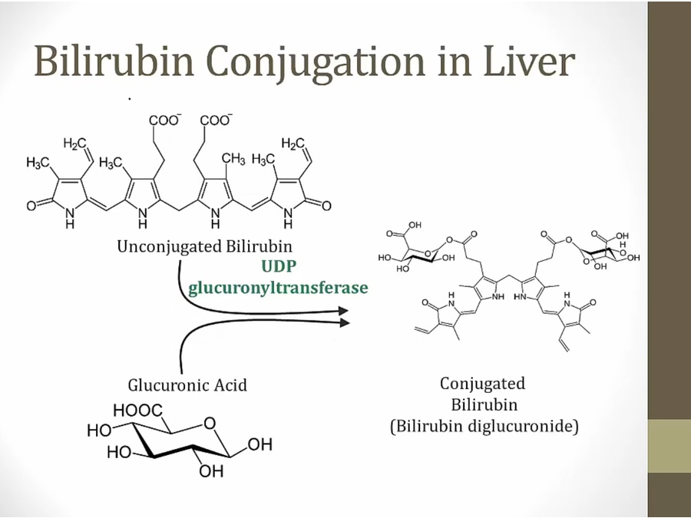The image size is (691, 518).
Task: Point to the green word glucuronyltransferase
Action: [278, 288]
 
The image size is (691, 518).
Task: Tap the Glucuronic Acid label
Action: [187, 384]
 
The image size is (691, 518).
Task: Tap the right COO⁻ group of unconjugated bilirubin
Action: [217, 120]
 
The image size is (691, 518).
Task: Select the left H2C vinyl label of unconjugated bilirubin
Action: [74, 144]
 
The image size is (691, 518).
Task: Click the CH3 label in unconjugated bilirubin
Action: [233, 159]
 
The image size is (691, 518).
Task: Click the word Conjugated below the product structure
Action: [482, 383]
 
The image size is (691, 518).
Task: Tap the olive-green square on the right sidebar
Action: [669, 446]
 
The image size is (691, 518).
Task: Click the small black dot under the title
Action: [130, 99]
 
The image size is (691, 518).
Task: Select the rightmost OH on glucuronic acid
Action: [260, 445]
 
